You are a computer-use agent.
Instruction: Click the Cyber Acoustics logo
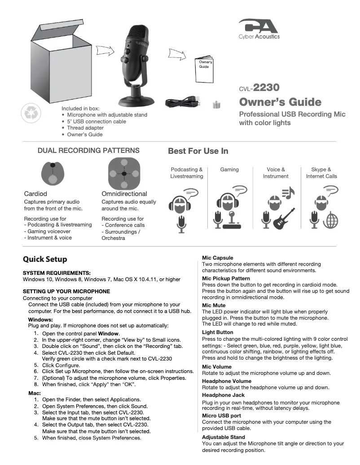[x=259, y=29]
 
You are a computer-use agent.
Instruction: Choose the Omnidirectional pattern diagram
[x=124, y=174]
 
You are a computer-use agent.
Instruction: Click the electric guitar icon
[x=285, y=219]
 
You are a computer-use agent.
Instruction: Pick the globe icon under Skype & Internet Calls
[x=330, y=220]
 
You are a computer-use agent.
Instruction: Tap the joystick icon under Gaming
[x=233, y=220]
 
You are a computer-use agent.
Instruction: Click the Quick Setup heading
[x=45, y=259]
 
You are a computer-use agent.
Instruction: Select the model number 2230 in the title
[x=266, y=87]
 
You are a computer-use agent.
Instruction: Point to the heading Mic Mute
[x=214, y=305]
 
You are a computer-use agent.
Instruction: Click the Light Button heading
[x=218, y=332]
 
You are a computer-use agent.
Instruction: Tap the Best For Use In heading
[x=198, y=151]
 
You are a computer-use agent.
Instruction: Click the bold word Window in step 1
[x=109, y=334]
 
